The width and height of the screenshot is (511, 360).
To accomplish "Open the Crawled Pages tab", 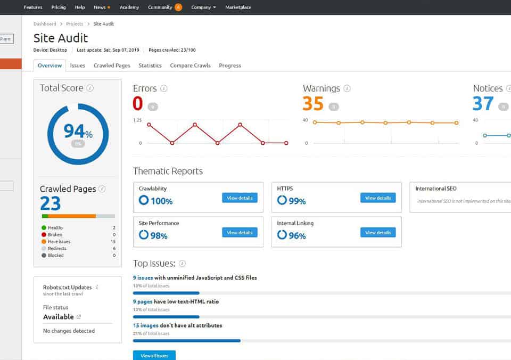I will point(112,66).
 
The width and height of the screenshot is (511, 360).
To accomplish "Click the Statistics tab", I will point(150,66).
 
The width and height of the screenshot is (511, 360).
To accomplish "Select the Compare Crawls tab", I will point(190,66).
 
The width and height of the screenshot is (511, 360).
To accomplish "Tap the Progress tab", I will point(230,66).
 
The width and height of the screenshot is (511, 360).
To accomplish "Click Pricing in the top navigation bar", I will point(59,7).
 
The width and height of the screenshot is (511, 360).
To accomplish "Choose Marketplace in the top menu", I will point(238,7).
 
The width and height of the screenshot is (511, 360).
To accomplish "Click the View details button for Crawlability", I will point(240,198).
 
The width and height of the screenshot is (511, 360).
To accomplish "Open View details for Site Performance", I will point(240,233).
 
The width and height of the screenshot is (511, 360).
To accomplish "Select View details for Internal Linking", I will point(378,233).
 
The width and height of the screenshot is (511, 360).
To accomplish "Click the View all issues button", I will point(154,355).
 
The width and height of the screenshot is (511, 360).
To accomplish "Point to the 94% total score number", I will point(78,131).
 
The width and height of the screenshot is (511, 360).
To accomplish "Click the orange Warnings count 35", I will point(313,103).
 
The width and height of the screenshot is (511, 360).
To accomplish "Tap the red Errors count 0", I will point(138,103).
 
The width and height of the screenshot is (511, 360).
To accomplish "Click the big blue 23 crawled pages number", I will point(51,203).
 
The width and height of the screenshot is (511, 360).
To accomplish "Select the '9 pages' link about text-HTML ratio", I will point(143,301).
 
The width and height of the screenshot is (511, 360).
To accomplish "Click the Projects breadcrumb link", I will point(75,24).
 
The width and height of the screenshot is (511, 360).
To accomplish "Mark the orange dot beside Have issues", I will point(44,242).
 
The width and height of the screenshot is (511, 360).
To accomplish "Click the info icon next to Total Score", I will point(90,88).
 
